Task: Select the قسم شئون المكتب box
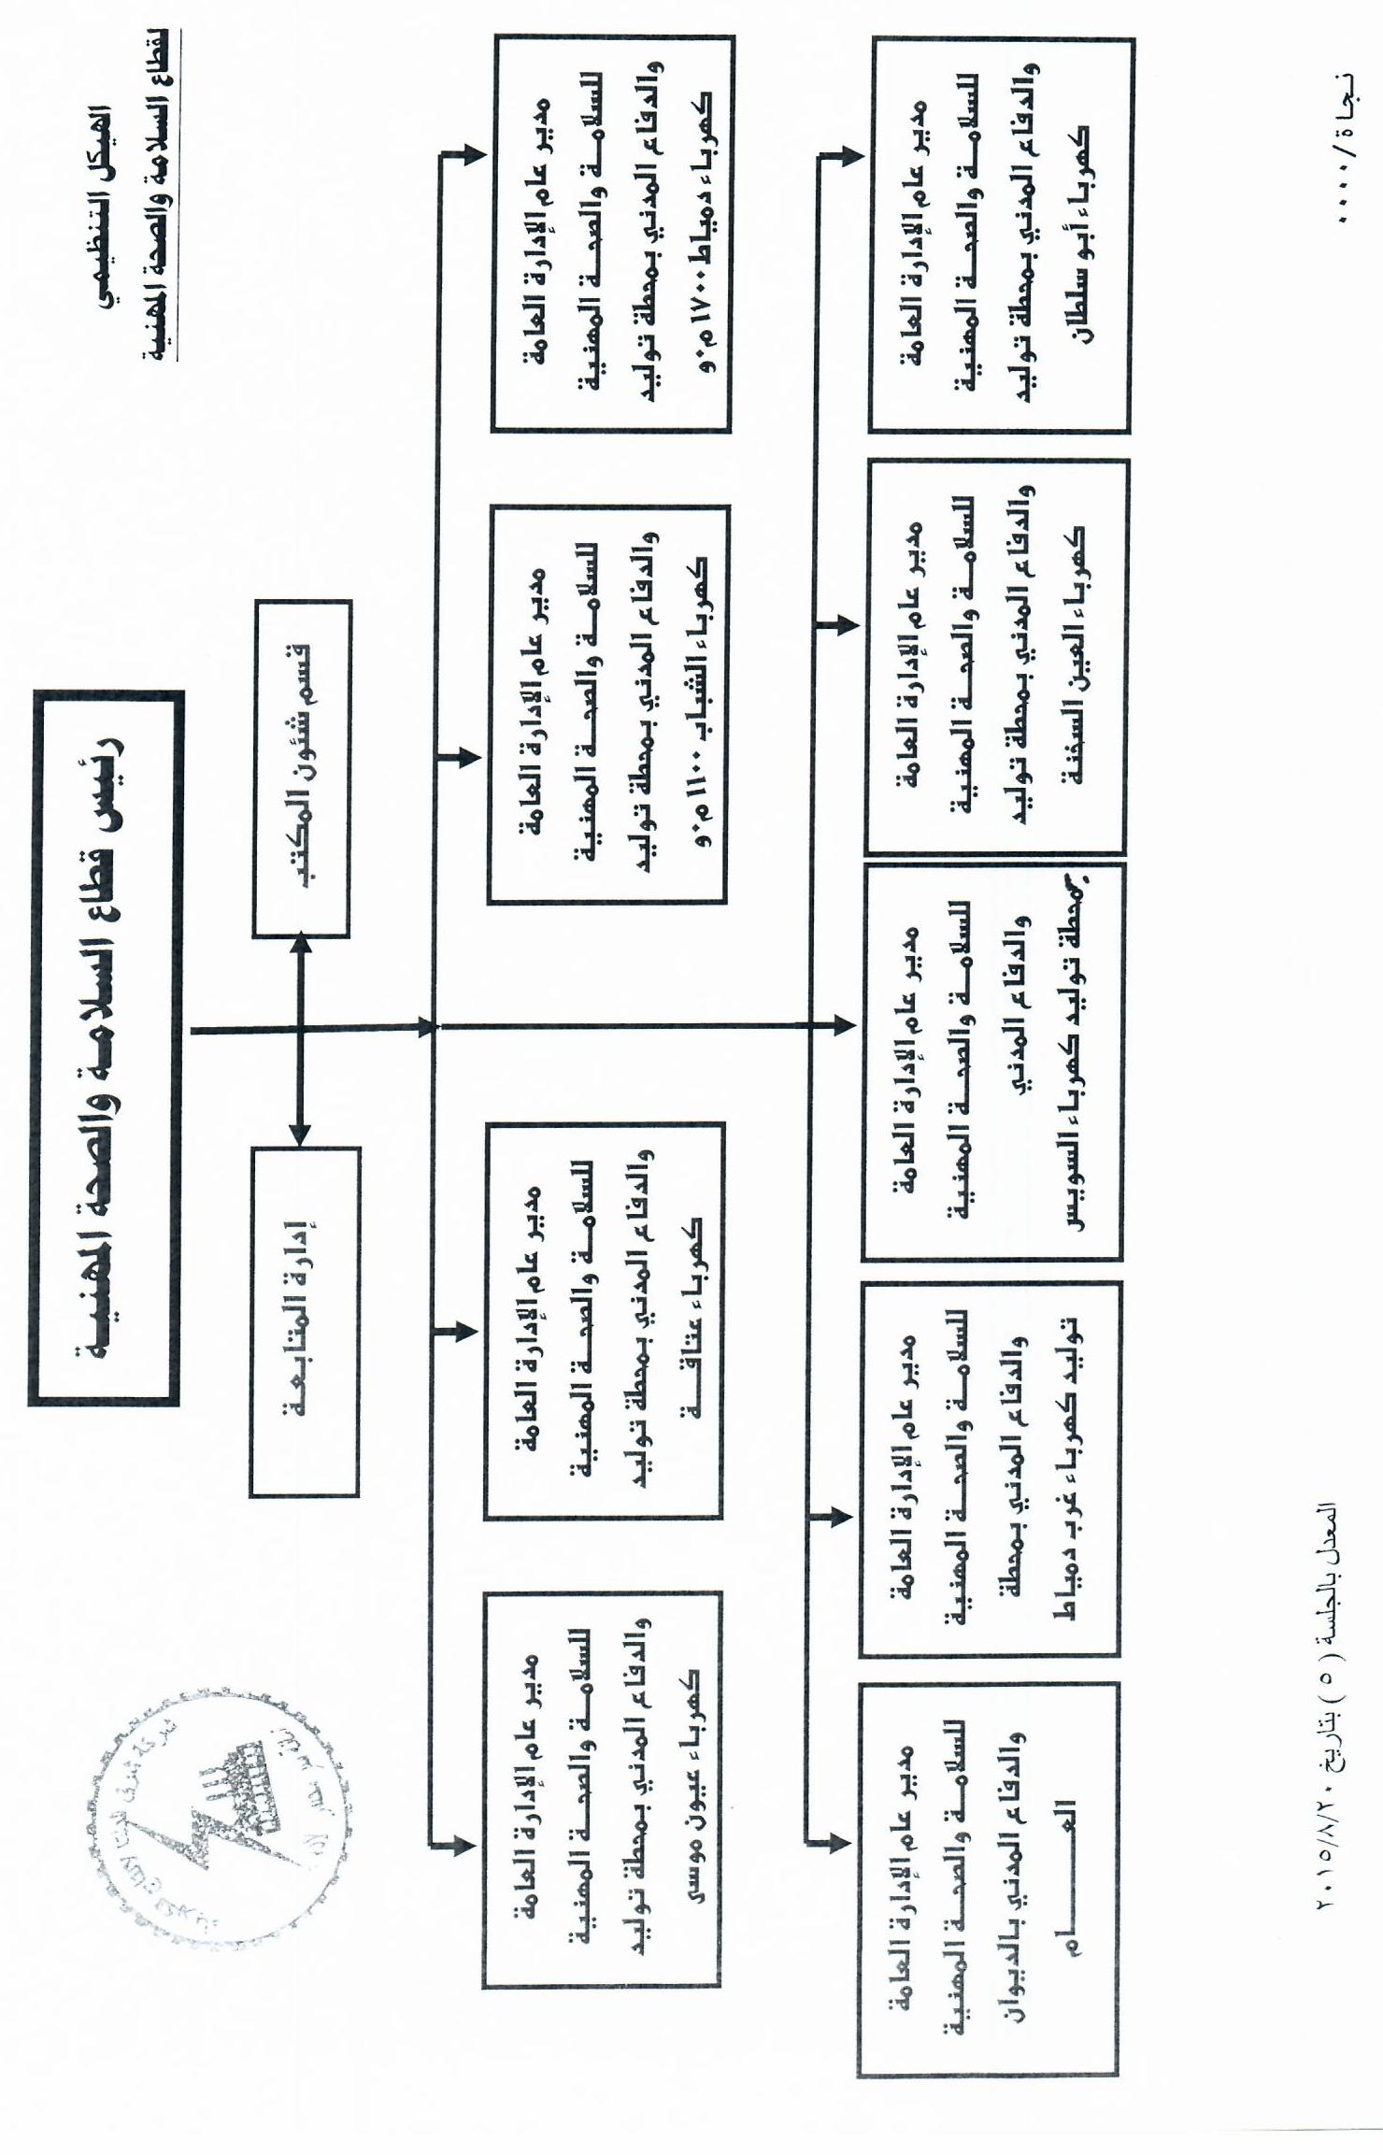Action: pyautogui.click(x=302, y=768)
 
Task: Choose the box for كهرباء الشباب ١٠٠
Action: pyautogui.click(x=608, y=705)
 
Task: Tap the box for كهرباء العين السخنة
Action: pyautogui.click(x=997, y=656)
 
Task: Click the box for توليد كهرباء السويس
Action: pyautogui.click(x=993, y=1062)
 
